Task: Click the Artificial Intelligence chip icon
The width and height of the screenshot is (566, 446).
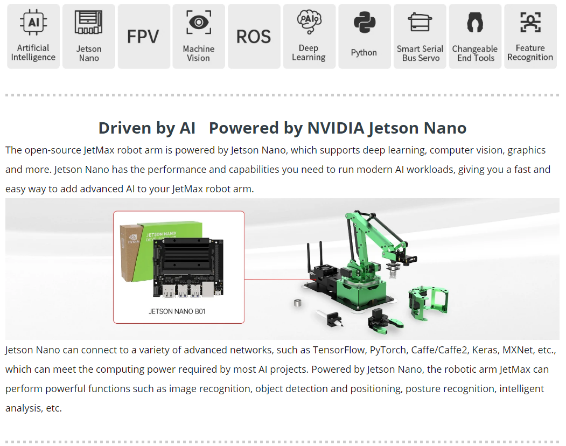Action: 33,23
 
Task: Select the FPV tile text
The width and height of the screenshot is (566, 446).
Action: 143,37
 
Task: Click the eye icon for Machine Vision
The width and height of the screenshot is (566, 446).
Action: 199,23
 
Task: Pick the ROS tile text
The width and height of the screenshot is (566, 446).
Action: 254,37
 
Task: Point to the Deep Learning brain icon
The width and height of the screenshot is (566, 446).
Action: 309,22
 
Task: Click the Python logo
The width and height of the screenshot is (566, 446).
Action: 364,23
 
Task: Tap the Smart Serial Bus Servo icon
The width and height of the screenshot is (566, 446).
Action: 420,22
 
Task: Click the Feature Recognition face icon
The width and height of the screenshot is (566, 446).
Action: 530,22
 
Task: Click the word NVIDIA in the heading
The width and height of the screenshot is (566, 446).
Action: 336,128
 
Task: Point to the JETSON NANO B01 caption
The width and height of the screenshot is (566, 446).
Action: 177,311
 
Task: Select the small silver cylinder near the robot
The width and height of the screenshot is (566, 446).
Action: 297,303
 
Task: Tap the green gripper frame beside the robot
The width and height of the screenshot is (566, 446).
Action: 429,303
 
